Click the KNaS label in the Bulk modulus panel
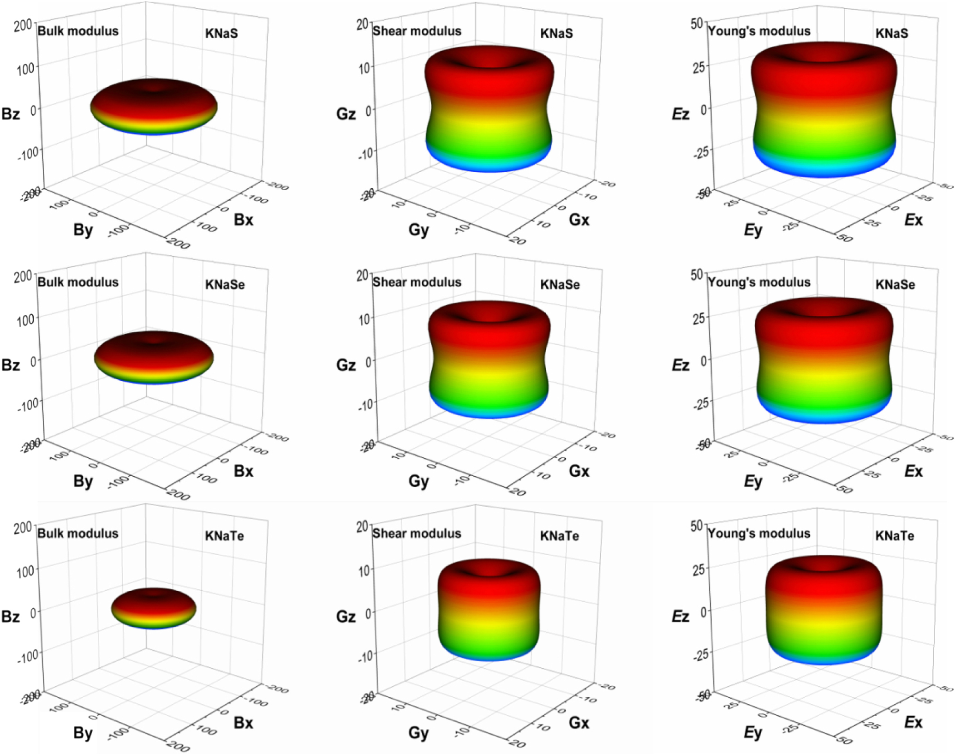[x=221, y=33]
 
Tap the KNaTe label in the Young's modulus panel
[x=895, y=536]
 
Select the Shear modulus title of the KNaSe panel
[x=417, y=282]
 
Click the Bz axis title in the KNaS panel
[x=11, y=114]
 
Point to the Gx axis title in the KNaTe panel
[x=579, y=722]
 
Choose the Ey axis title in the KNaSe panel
[x=753, y=481]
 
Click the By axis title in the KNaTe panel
[x=83, y=733]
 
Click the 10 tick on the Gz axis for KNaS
[x=364, y=68]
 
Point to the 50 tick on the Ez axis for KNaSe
[x=697, y=275]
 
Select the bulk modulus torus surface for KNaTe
[x=154, y=608]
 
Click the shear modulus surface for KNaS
[x=489, y=111]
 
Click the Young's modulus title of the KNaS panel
[x=759, y=31]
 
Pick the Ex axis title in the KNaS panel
[x=913, y=220]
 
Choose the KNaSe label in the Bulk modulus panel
[x=225, y=284]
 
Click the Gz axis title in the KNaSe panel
[x=346, y=365]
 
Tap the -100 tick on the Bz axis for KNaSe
[x=28, y=404]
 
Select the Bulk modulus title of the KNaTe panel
[x=78, y=533]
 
